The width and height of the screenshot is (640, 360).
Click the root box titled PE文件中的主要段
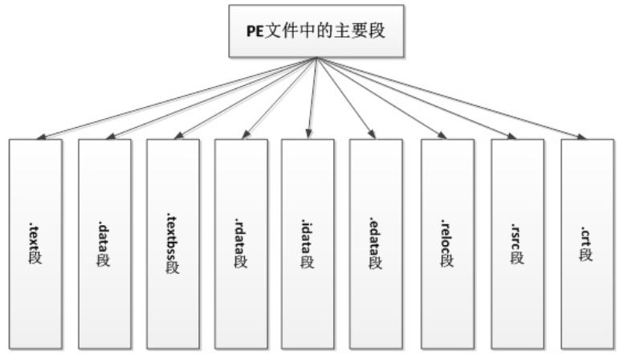coord(318,31)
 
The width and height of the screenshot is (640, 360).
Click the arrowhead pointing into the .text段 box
coord(41,137)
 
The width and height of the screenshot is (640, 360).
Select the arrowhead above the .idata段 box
coord(308,135)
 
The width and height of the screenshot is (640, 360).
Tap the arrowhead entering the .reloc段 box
coord(441,136)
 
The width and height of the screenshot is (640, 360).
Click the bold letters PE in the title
coord(252,32)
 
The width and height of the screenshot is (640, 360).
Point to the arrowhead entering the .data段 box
coord(109,137)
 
